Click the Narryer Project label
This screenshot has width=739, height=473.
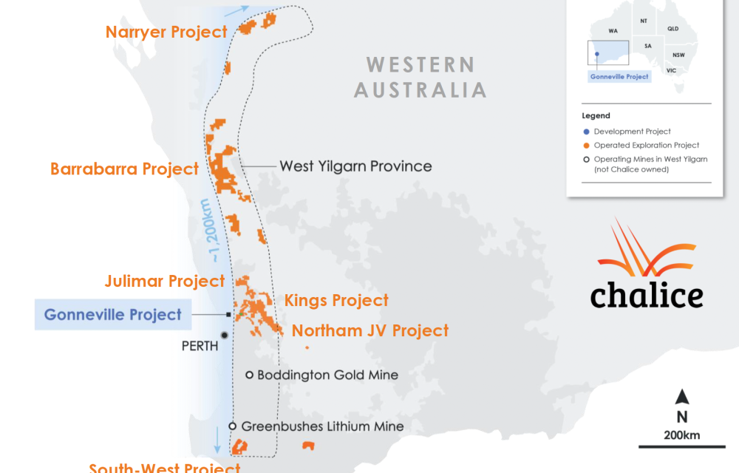(x=166, y=32)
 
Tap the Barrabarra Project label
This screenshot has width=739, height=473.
(x=124, y=169)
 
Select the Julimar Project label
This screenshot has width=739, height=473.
(x=164, y=281)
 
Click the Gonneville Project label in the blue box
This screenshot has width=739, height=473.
(x=112, y=315)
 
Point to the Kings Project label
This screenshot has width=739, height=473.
(x=336, y=300)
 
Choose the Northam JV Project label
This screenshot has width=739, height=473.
(x=369, y=330)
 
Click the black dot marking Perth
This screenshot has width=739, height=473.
(x=224, y=335)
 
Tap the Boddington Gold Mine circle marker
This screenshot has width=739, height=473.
(x=250, y=375)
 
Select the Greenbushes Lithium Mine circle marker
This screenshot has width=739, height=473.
(x=232, y=426)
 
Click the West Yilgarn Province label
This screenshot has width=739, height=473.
(x=355, y=166)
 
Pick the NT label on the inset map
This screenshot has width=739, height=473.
(x=644, y=21)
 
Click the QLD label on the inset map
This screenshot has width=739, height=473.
(x=672, y=28)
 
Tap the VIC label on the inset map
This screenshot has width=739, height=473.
(x=671, y=70)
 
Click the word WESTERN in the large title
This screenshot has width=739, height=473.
(x=420, y=64)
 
